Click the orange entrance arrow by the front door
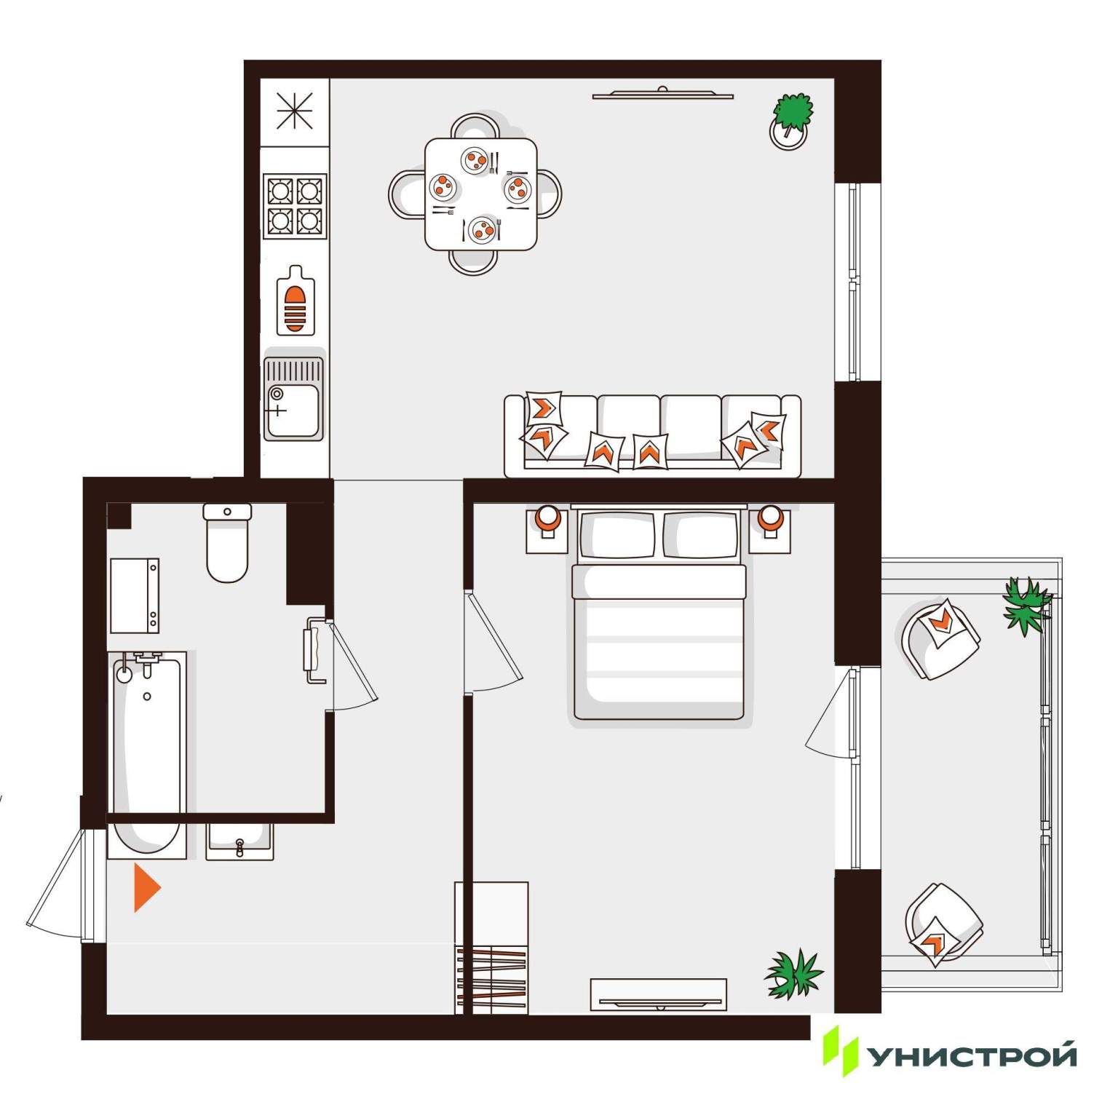point(146,887)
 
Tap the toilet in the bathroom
point(227,542)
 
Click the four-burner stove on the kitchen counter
point(295,206)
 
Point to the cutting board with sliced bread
point(296,301)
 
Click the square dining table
point(481,194)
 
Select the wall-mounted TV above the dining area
point(662,93)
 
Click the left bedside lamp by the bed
point(547,521)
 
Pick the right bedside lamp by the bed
point(769,521)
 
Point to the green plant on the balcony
point(1027,606)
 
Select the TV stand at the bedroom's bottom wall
point(658,994)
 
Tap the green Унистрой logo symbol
point(841,1051)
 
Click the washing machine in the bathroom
point(135,595)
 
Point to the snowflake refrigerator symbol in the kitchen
point(295,111)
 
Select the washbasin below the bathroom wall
point(239,842)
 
